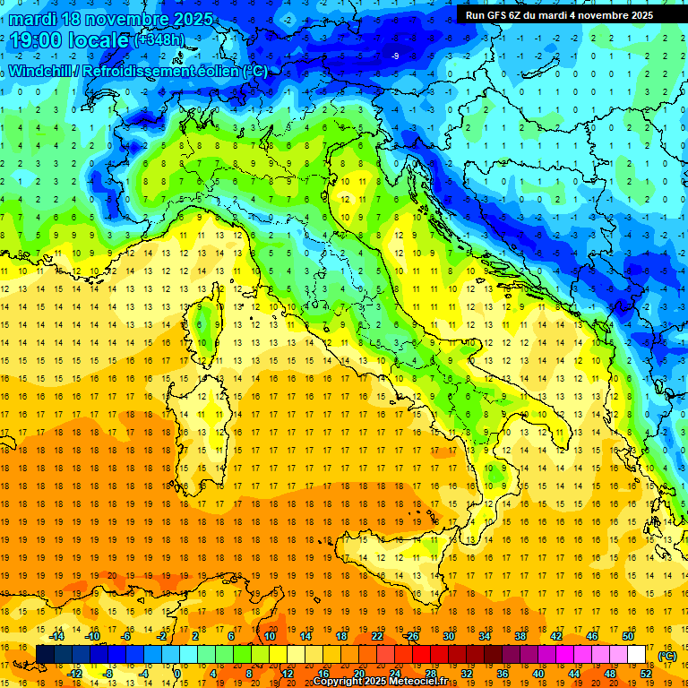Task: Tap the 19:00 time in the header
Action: pos(39,39)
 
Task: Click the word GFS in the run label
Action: pos(498,15)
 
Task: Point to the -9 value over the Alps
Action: pos(395,56)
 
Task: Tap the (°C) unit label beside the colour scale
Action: pos(667,656)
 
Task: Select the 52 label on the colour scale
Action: pos(646,674)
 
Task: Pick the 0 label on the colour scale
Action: pos(177,674)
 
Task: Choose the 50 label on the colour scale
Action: pos(628,636)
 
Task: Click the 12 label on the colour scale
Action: pos(288,674)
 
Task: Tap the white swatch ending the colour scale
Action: pos(637,655)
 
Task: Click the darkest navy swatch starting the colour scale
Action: pos(45,655)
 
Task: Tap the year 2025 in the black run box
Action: pos(639,15)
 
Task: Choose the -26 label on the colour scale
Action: pos(411,636)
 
